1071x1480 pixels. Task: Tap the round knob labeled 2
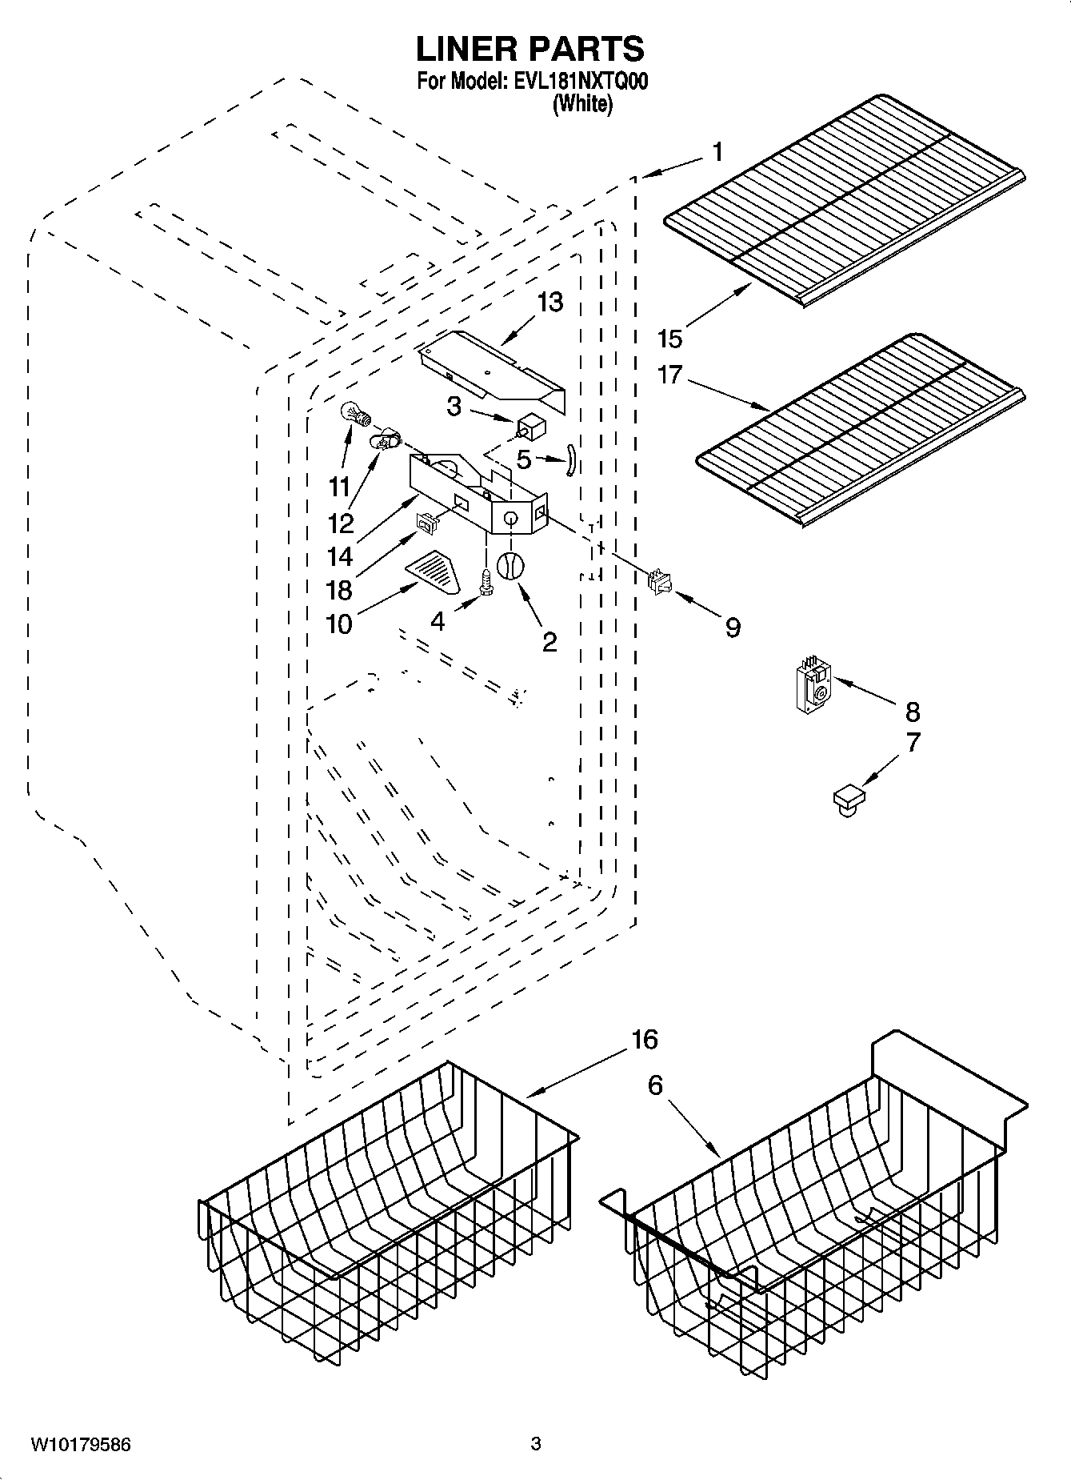pos(510,565)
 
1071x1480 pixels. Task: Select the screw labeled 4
pos(486,581)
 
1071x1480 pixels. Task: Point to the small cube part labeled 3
pos(530,426)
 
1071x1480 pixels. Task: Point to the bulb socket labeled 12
pos(383,438)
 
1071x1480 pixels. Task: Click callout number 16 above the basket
pos(644,1039)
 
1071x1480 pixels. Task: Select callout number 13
pos(550,302)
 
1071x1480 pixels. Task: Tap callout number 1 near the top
pos(717,151)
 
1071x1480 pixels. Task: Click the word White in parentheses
pos(582,104)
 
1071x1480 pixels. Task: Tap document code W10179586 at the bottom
pos(80,1445)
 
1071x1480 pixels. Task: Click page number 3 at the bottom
pos(536,1445)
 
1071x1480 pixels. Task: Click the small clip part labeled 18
pos(426,524)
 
